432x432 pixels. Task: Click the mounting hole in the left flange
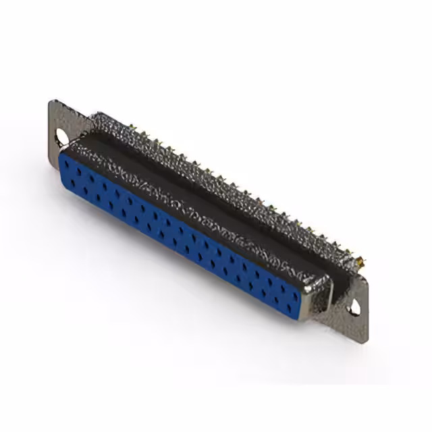click(x=62, y=135)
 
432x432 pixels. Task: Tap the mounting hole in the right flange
click(x=355, y=310)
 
